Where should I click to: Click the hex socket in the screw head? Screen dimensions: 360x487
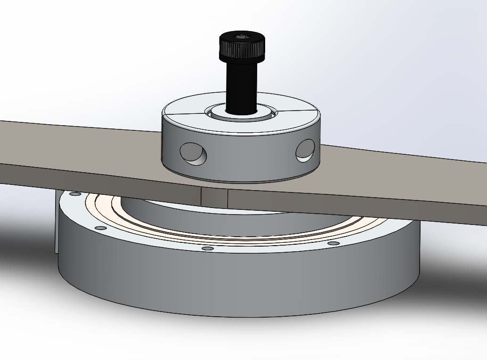coord(241,36)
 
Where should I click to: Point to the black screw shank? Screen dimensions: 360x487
coord(241,85)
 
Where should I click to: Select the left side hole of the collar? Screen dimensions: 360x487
coord(193,153)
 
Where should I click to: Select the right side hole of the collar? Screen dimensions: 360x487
coord(305,150)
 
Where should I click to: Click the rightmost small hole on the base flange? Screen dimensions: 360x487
coord(333,243)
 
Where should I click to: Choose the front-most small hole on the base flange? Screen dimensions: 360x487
coord(207,248)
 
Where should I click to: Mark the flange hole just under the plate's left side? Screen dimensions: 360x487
coord(75,193)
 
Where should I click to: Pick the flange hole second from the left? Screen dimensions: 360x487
coord(100,228)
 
